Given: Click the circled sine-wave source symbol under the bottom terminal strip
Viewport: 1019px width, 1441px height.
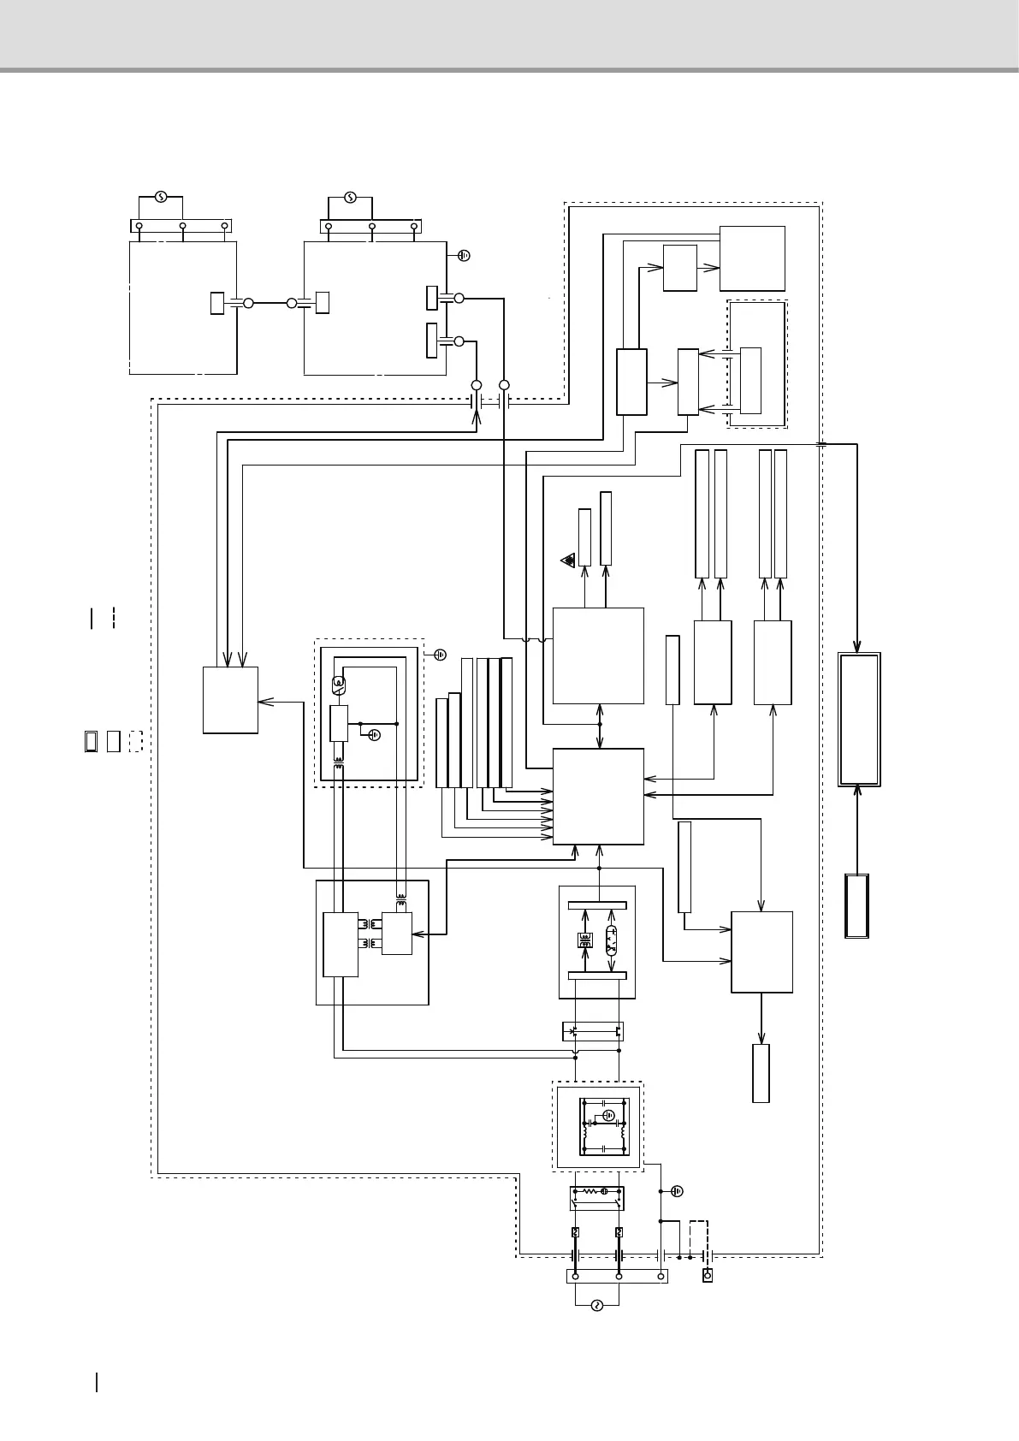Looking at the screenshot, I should tap(597, 1306).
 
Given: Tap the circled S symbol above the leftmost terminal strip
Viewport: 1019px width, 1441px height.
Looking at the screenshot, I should tap(161, 198).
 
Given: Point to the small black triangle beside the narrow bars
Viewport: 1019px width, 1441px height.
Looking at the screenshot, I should tap(568, 560).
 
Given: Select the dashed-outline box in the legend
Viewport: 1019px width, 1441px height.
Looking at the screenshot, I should tap(135, 741).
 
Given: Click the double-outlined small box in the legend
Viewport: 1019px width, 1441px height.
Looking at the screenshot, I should tap(92, 741).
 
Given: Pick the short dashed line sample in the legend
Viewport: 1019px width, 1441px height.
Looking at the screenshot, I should tap(113, 618).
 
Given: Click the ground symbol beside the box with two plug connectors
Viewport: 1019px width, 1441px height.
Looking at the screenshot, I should tap(464, 255).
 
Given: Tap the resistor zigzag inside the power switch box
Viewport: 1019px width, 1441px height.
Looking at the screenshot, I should tap(589, 1191).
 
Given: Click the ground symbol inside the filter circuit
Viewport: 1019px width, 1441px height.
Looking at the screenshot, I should tap(608, 1116).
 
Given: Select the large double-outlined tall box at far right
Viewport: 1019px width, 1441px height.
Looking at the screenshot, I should tap(859, 719).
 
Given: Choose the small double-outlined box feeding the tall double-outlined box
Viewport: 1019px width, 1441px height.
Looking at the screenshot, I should tap(857, 906).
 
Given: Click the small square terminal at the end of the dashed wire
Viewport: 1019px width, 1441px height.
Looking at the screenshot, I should tap(708, 1276).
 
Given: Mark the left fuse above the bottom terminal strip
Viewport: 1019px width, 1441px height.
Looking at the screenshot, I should tap(576, 1232).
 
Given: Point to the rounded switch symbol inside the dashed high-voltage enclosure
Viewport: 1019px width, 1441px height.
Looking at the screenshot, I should tap(338, 684).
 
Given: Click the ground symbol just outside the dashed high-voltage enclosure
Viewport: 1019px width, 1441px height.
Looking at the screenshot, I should tap(440, 655).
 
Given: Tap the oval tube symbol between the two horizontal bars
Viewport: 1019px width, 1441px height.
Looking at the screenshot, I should tap(611, 940).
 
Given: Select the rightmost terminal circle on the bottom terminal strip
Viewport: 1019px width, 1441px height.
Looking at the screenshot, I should tap(661, 1276).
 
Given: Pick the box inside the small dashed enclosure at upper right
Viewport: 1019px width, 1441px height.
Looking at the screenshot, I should tap(750, 381).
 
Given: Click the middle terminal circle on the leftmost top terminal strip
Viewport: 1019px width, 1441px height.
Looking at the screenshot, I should tap(182, 226).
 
